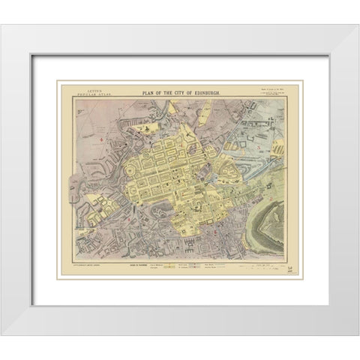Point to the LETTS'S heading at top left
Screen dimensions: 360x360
coord(76,90)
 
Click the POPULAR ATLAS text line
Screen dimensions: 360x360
coord(76,95)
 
